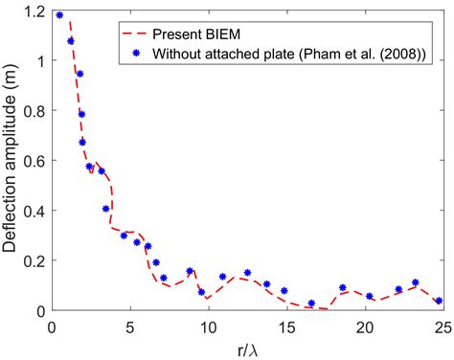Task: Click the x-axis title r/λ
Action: click(x=246, y=347)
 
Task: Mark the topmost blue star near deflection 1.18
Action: click(x=59, y=15)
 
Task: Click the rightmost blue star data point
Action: click(x=439, y=301)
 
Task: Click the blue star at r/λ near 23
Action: click(x=415, y=282)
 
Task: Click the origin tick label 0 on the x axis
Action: click(x=52, y=326)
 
